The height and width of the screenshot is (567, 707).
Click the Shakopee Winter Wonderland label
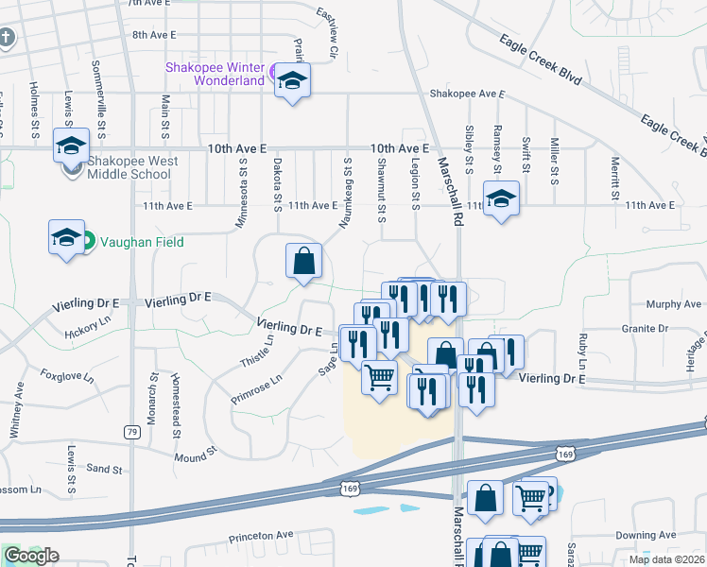(216, 74)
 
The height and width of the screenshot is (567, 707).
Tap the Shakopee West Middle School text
(132, 167)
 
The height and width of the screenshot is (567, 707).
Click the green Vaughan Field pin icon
(86, 241)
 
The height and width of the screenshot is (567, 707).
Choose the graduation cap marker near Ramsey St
(502, 198)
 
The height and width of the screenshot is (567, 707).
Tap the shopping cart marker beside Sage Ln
(380, 377)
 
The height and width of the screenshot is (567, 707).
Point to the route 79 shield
(131, 432)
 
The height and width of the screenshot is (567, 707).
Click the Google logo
(30, 556)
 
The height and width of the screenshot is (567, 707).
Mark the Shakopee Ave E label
(467, 94)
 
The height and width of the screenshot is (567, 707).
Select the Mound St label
(197, 457)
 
